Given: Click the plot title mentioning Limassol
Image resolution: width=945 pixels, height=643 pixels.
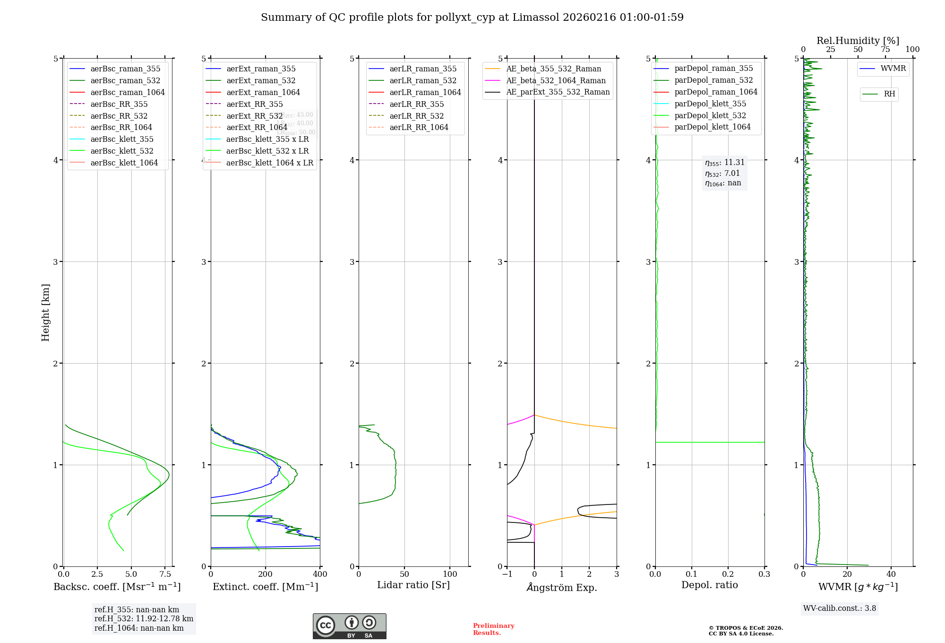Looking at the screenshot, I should click(472, 17).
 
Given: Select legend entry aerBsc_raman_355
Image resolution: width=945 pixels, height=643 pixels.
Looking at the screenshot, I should click(125, 69).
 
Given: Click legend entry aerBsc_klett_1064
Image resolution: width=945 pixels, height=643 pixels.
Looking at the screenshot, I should click(124, 163).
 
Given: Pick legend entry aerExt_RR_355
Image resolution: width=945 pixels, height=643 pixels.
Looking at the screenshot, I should click(254, 104).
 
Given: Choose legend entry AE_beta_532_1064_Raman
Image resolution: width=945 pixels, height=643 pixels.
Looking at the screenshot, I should click(556, 81).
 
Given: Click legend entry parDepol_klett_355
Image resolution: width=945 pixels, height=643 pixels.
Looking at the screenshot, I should click(710, 104).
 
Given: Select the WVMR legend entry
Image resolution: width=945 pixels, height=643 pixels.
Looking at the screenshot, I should click(893, 69).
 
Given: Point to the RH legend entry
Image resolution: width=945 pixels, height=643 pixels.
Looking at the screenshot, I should click(889, 94).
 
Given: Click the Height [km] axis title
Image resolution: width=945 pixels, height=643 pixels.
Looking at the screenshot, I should click(45, 312).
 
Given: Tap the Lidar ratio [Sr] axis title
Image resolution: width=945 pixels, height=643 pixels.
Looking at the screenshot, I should click(413, 585).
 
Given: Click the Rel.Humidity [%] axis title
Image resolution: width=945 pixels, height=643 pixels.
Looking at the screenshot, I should click(858, 41).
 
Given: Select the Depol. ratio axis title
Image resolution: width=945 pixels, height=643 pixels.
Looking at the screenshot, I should click(709, 585).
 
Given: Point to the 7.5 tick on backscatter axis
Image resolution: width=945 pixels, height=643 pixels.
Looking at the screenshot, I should click(165, 574).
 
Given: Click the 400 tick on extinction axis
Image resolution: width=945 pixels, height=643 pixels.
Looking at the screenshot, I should click(320, 574).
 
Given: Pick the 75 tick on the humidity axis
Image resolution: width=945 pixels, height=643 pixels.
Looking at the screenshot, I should click(885, 50).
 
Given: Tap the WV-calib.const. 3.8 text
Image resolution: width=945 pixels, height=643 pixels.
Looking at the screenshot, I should click(840, 608).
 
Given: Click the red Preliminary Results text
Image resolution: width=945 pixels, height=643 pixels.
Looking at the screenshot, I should click(493, 629).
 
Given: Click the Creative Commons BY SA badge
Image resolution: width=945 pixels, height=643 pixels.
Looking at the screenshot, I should click(349, 626).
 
